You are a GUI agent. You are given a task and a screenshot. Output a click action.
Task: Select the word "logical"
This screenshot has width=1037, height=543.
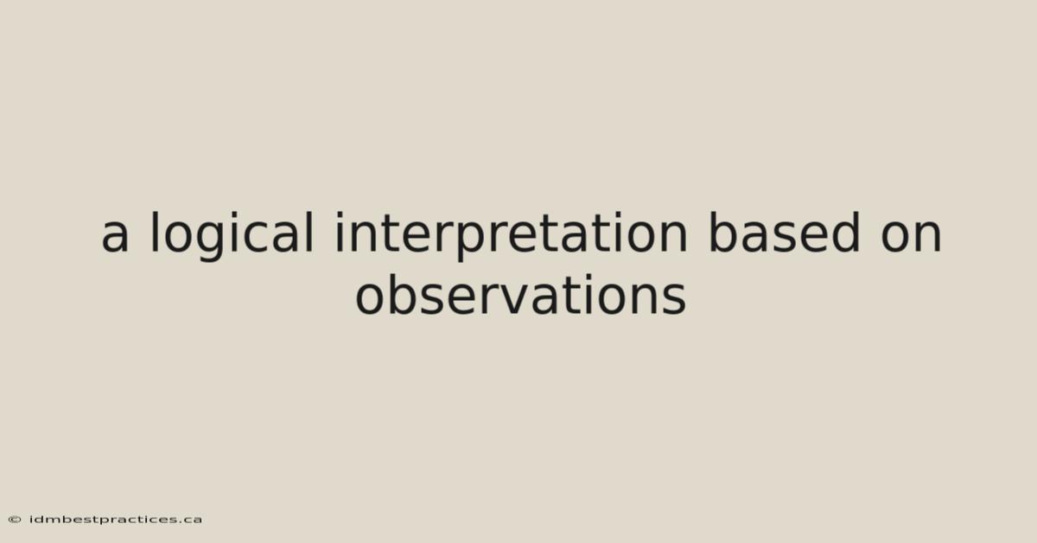click(232, 236)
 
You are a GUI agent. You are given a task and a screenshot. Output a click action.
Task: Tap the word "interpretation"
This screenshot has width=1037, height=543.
click(511, 236)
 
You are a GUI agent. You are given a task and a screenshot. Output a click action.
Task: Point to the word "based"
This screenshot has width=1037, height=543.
click(785, 233)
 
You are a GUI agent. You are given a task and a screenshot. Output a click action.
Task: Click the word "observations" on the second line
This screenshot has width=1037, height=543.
click(520, 295)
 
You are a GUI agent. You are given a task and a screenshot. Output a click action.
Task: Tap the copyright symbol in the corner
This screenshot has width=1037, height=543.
click(15, 520)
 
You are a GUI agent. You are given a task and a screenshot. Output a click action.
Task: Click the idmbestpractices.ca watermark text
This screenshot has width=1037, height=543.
click(115, 520)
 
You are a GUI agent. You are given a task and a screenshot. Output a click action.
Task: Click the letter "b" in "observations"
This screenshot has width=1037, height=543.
click(402, 295)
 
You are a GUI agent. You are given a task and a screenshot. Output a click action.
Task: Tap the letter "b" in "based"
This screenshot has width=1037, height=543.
click(724, 233)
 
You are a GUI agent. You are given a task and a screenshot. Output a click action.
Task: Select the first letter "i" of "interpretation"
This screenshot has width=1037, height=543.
click(340, 233)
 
